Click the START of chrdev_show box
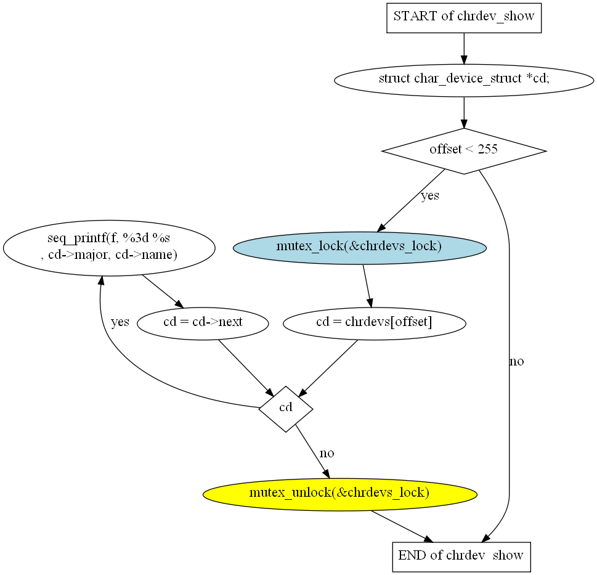pyautogui.click(x=464, y=18)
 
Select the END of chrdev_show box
pyautogui.click(x=461, y=557)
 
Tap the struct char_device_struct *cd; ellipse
pyautogui.click(x=464, y=80)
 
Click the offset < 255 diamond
pyautogui.click(x=464, y=151)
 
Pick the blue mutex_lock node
pyautogui.click(x=359, y=248)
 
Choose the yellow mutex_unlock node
pyautogui.click(x=339, y=494)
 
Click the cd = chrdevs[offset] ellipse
pyautogui.click(x=374, y=324)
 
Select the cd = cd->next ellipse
pyautogui.click(x=203, y=324)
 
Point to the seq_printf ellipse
pyautogui.click(x=109, y=248)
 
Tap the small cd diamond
pyautogui.click(x=285, y=409)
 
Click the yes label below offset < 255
pyautogui.click(x=430, y=195)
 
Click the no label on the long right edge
pyautogui.click(x=517, y=361)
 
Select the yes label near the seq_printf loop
pyautogui.click(x=120, y=322)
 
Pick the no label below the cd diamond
pyautogui.click(x=327, y=453)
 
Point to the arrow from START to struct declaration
pyautogui.click(x=464, y=48)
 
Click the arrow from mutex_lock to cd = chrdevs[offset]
pyautogui.click(x=367, y=285)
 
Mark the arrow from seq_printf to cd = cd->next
pyautogui.click(x=163, y=292)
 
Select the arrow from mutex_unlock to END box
pyautogui.click(x=402, y=526)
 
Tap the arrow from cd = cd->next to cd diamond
pyautogui.click(x=246, y=368)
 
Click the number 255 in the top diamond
pyautogui.click(x=487, y=149)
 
